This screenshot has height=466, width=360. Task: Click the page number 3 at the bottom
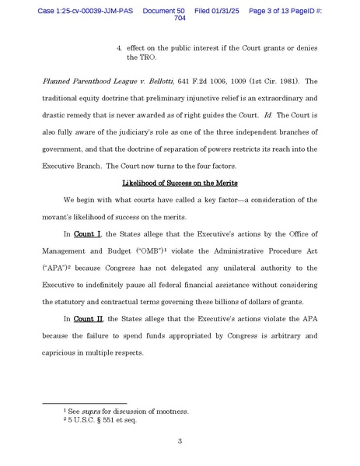(180, 442)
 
